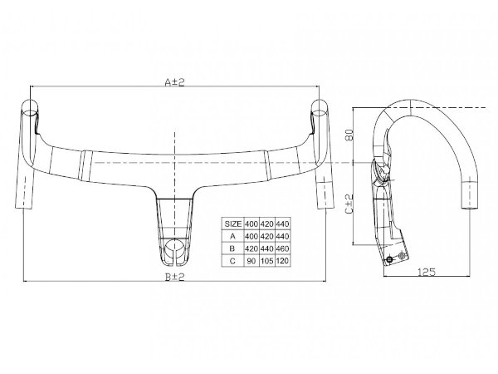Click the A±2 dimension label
tap(174, 82)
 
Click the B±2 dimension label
tap(174, 277)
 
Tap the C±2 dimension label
tap(349, 204)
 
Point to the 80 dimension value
tap(349, 134)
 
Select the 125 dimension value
tap(427, 273)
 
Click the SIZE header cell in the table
tap(232, 224)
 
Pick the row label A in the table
tap(232, 236)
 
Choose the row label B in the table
tap(232, 249)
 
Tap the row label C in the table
tap(232, 261)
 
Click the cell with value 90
tap(251, 261)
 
